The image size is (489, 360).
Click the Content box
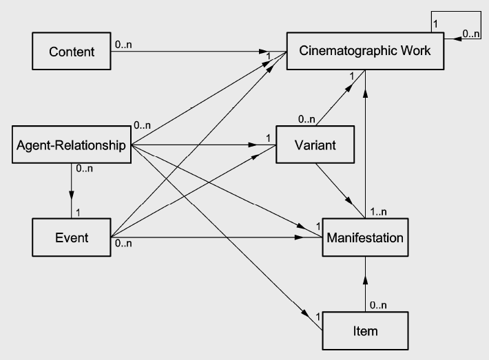tap(72, 52)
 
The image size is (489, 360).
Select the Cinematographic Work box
tap(366, 52)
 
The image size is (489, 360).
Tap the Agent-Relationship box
tap(72, 145)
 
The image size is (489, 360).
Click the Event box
tap(72, 238)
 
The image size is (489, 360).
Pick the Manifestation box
tap(365, 238)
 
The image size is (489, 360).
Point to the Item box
tap(365, 331)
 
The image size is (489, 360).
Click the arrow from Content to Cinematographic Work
tap(200, 52)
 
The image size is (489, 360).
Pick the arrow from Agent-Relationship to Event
tap(72, 186)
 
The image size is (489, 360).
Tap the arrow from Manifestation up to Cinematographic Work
tap(365, 138)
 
